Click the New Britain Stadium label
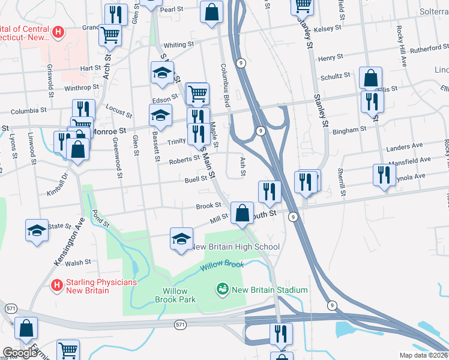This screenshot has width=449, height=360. point(270,290)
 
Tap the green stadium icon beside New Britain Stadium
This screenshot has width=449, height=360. point(223,290)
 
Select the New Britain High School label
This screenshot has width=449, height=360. point(235,247)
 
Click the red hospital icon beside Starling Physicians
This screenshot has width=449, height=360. point(56,284)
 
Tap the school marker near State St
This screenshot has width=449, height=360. point(37,230)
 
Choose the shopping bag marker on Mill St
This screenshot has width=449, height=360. point(242,213)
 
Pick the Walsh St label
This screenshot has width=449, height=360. point(79,262)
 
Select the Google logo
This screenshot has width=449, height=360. point(20,352)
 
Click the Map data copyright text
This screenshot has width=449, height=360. point(423,355)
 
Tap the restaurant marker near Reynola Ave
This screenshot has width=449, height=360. point(382,175)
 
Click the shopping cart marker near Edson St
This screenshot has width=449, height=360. point(197,94)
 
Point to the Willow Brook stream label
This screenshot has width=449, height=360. point(222,264)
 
